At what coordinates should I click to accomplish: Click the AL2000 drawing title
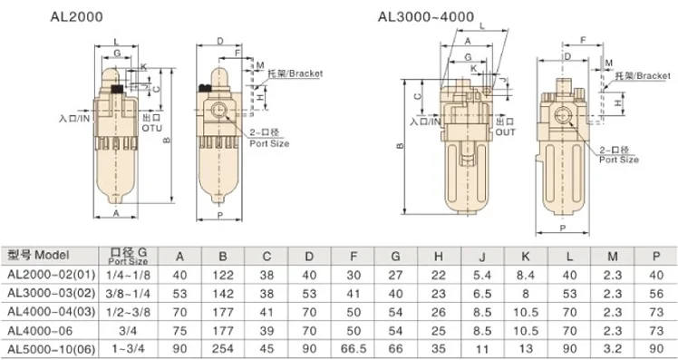76,17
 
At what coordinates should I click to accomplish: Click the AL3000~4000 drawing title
425,17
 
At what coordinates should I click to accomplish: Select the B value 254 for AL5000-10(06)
223,349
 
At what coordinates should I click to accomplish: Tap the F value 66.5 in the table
354,349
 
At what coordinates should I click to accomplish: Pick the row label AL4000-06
40,331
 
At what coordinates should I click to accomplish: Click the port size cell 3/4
128,331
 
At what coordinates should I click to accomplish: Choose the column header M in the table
612,257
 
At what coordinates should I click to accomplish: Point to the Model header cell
38,256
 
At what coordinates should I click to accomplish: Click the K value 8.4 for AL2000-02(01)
526,275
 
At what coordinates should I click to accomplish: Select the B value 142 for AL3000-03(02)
223,294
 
